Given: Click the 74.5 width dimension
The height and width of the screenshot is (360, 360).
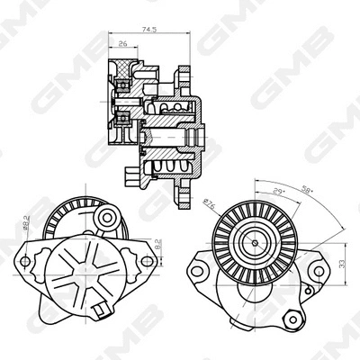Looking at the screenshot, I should (149, 31).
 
